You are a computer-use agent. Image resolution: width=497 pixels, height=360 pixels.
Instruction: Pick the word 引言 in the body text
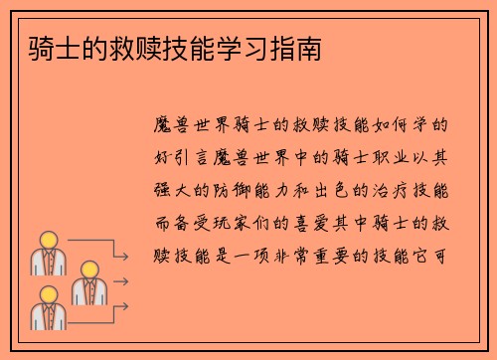point(201,157)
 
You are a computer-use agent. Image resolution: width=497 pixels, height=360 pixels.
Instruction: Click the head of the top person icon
point(47,241)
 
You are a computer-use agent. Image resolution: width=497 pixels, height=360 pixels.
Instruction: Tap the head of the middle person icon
point(86,270)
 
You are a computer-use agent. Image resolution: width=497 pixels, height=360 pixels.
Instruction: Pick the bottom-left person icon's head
point(47,295)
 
